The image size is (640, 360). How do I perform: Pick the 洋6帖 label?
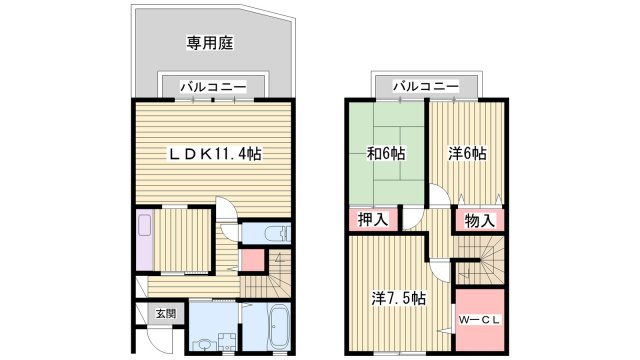pos(467,154)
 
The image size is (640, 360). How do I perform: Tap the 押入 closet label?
pos(375,219)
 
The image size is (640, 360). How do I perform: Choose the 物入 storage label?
pos(478,219)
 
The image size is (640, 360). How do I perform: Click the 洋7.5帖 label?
pos(398,298)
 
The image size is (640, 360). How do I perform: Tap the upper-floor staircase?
pos(478,262)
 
